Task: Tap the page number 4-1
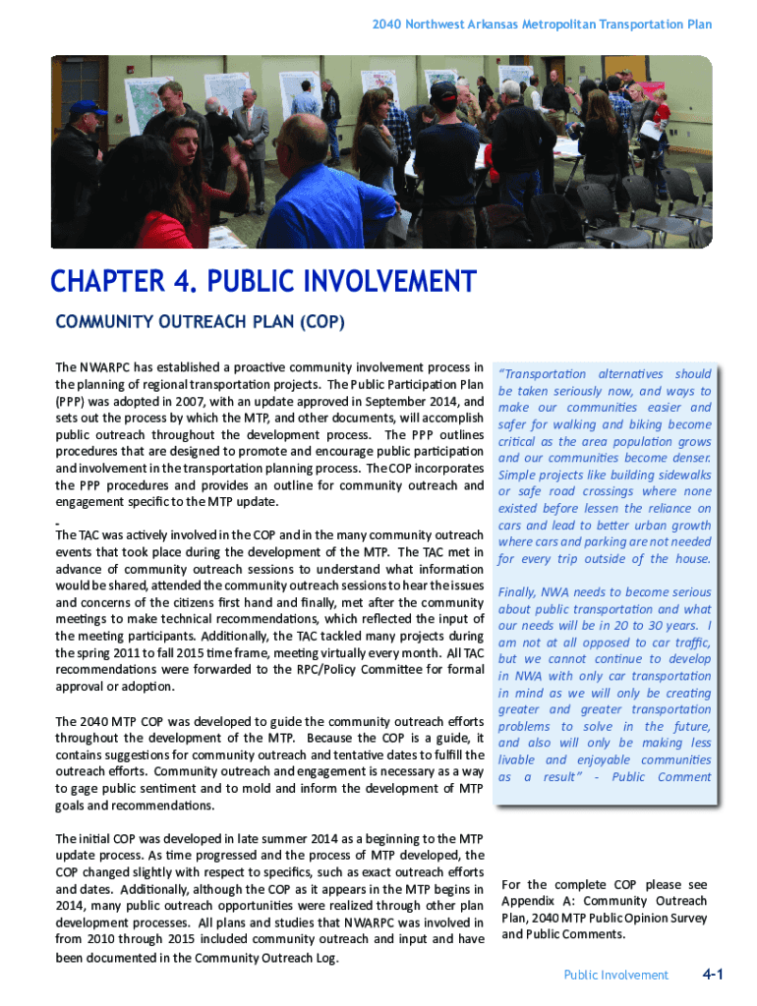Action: (x=713, y=975)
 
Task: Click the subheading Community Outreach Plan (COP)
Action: (x=201, y=322)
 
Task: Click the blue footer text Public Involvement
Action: (x=615, y=976)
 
